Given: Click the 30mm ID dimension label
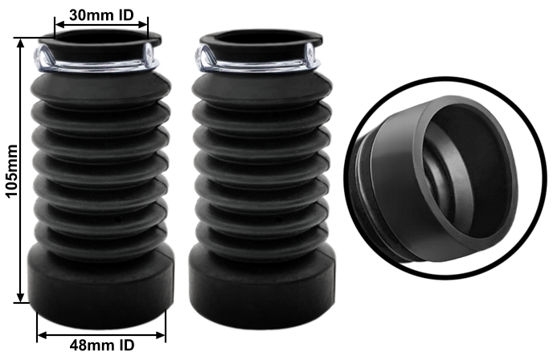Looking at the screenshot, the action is click(101, 14).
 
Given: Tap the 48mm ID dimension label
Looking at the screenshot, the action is click(102, 345).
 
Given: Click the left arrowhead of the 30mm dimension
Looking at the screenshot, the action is click(59, 24).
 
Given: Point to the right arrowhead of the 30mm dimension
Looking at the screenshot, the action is click(144, 24).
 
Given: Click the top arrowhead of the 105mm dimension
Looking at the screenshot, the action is click(21, 43).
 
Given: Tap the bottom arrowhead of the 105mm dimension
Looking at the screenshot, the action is click(21, 297).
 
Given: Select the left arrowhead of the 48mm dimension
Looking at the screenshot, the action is click(42, 334).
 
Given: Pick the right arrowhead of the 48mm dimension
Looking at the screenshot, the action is click(161, 334).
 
